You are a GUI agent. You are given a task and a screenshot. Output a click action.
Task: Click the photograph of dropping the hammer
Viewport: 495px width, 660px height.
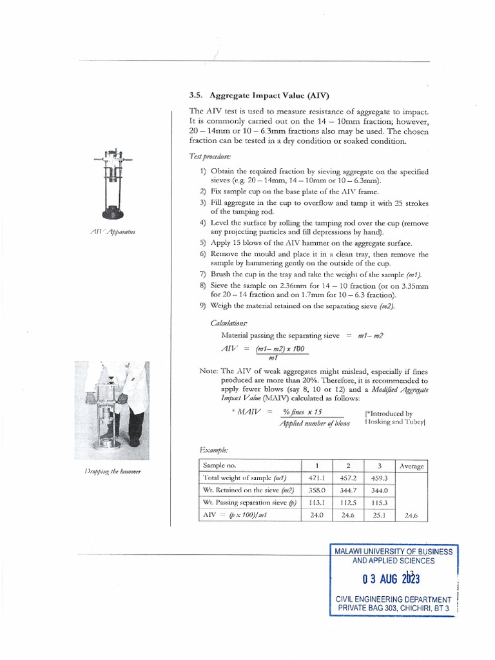point(112,410)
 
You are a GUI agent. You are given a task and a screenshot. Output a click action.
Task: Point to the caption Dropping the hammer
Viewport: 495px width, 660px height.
point(112,472)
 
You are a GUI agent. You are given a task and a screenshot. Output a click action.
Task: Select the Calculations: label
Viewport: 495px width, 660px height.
point(229,322)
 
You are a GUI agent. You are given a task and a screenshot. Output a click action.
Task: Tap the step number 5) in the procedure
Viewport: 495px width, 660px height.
point(203,243)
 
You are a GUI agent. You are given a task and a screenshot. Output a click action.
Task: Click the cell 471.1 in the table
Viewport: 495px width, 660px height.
point(316,478)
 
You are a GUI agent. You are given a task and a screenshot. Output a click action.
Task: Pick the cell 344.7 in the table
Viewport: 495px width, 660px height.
point(348,490)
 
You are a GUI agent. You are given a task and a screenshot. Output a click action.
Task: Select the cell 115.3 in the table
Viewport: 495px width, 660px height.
point(379,502)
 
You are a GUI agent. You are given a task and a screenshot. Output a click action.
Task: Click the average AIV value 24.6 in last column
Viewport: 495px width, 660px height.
point(411,515)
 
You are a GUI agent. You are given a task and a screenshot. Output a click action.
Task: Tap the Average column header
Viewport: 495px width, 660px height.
point(411,465)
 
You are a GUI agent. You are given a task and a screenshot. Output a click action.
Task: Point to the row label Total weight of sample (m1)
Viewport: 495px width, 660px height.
point(244,478)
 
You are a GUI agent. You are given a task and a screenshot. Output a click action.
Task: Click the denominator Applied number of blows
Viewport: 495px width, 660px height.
point(315,424)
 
